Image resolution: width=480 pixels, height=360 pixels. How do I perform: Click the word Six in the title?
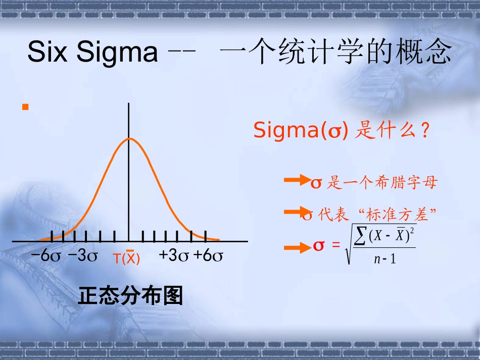pyautogui.click(x=47, y=52)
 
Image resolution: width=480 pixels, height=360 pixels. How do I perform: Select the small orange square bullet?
pyautogui.click(x=25, y=107)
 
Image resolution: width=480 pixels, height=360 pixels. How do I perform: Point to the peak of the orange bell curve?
pyautogui.click(x=129, y=138)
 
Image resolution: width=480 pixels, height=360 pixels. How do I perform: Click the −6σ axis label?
pyautogui.click(x=45, y=255)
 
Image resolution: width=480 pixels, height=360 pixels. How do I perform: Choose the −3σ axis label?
pyautogui.click(x=82, y=255)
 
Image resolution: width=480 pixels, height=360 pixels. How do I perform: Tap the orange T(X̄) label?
pyautogui.click(x=126, y=258)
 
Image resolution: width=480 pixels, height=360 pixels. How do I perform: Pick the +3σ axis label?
pyautogui.click(x=174, y=255)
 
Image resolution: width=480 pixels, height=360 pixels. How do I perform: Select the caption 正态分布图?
pyautogui.click(x=130, y=296)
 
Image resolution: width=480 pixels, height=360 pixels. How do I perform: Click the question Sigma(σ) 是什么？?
pyautogui.click(x=342, y=131)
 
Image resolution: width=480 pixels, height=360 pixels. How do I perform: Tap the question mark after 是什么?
pyautogui.click(x=425, y=131)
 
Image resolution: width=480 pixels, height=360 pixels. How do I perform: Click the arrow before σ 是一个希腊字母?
pyautogui.click(x=297, y=180)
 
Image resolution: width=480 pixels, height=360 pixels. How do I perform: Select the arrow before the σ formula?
pyautogui.click(x=298, y=247)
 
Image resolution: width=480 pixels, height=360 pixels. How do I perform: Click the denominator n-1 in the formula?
pyautogui.click(x=385, y=260)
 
